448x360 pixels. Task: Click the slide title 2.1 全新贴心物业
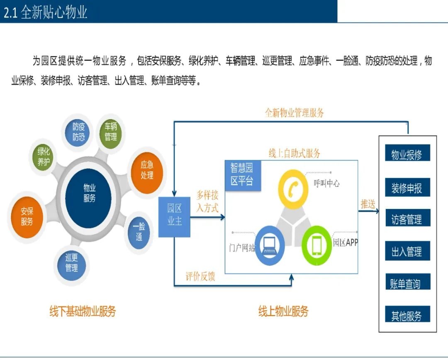46,12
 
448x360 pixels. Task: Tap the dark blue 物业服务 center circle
89,193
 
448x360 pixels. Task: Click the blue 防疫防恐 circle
78,132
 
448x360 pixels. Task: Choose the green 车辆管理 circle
110,131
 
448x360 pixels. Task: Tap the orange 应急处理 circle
147,170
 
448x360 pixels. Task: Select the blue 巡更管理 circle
71,263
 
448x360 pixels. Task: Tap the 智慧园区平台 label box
242,174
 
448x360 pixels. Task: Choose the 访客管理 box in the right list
407,218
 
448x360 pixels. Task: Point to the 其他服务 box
407,315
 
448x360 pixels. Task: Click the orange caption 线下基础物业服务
83,311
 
